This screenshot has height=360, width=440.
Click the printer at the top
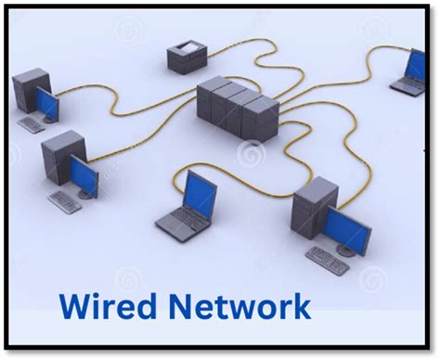tap(186, 56)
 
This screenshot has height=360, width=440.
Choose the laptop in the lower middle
tap(188, 205)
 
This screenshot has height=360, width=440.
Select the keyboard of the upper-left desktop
tap(31, 124)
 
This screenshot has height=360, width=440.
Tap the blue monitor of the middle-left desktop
tap(84, 174)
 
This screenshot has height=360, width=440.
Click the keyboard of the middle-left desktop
tap(65, 201)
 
